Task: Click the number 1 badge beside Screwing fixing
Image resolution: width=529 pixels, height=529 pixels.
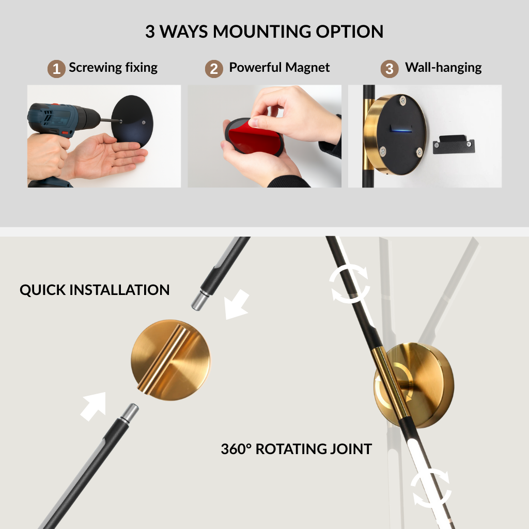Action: (x=56, y=69)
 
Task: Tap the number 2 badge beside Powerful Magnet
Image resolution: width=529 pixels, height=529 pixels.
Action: (x=214, y=69)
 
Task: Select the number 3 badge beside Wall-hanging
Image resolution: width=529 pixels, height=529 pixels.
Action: (x=390, y=69)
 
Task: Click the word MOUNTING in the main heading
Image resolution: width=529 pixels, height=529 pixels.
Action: (x=262, y=32)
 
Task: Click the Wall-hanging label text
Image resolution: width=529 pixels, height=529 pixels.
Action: (x=443, y=68)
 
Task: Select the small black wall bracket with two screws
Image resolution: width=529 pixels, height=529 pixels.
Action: (x=454, y=144)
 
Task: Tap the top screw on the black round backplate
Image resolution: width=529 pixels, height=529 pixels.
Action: (x=402, y=100)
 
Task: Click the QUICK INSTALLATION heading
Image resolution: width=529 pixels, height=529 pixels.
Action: (x=95, y=290)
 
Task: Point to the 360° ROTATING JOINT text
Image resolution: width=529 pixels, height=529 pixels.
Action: (x=296, y=449)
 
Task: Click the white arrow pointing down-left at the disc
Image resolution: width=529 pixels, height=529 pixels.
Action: (x=237, y=305)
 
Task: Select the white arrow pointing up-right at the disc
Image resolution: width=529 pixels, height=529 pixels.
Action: (x=94, y=406)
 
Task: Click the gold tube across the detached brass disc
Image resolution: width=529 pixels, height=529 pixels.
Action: (x=163, y=360)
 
